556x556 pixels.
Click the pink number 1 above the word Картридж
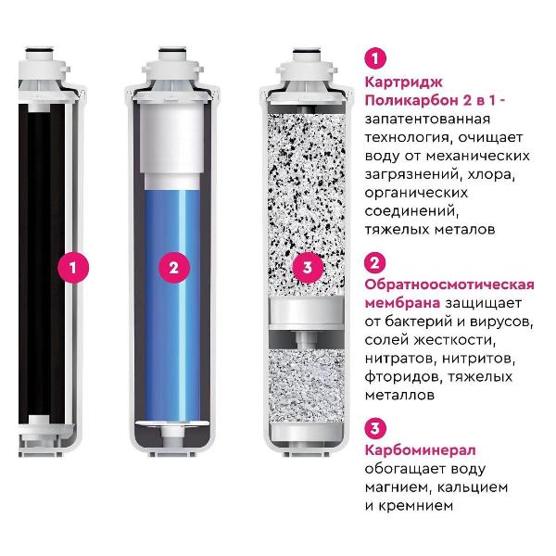pyautogui.click(x=375, y=58)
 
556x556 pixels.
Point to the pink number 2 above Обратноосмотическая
pyautogui.click(x=375, y=262)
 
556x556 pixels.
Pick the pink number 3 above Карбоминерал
pyautogui.click(x=375, y=427)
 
